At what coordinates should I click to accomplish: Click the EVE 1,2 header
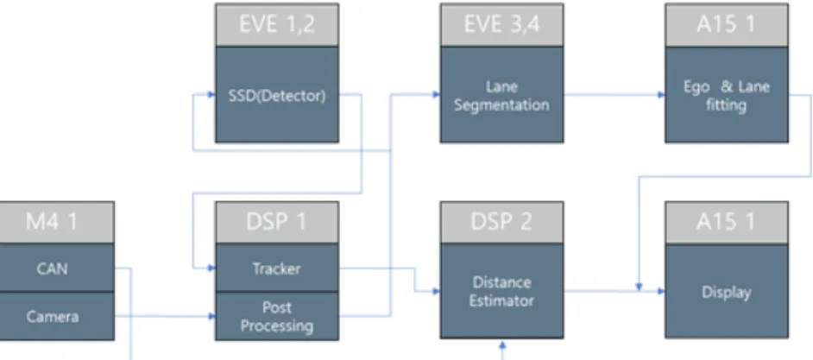(277, 25)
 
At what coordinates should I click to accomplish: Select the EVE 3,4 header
(502, 25)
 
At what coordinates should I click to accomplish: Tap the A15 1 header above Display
(727, 223)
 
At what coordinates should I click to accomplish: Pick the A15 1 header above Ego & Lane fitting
(727, 25)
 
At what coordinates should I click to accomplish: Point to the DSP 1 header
(277, 223)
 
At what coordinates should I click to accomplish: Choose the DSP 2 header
(502, 223)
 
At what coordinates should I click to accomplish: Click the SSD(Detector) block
(277, 94)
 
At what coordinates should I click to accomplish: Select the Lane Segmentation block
(502, 94)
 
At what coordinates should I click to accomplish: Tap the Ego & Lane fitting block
(727, 94)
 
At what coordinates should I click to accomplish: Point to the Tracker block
(277, 268)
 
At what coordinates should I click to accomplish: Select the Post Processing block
(277, 316)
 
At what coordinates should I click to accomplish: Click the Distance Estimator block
(502, 291)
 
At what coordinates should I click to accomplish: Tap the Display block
(727, 291)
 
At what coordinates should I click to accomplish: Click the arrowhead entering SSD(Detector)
(211, 94)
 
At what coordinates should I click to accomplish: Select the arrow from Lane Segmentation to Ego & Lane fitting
(614, 94)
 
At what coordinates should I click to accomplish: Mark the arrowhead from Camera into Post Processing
(211, 316)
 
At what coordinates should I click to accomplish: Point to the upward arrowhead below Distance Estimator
(502, 344)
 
